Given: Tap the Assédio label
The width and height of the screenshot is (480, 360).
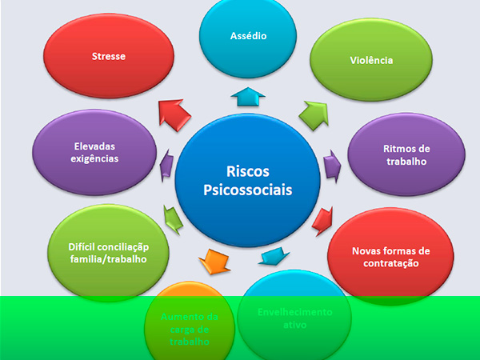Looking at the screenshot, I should coord(248,36).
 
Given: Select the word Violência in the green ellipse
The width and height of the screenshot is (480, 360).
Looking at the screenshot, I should coord(371,60).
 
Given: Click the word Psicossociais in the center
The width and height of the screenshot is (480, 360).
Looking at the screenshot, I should coord(247,191).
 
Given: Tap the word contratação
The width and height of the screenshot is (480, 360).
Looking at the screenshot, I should coord(386,263).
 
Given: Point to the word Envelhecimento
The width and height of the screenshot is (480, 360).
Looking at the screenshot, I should coord(294,312).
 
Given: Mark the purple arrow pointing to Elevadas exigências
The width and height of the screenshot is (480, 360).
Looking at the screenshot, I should coord(166,164).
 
